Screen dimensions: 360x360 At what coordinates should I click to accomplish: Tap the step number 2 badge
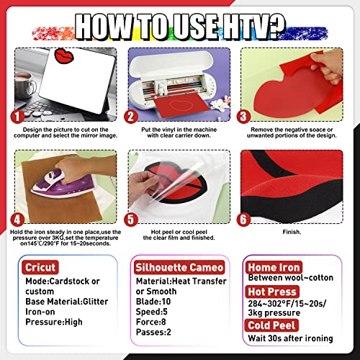[130, 116]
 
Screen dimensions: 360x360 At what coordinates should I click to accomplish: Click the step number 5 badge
[130, 220]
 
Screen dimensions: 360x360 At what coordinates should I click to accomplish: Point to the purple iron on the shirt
[54, 183]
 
